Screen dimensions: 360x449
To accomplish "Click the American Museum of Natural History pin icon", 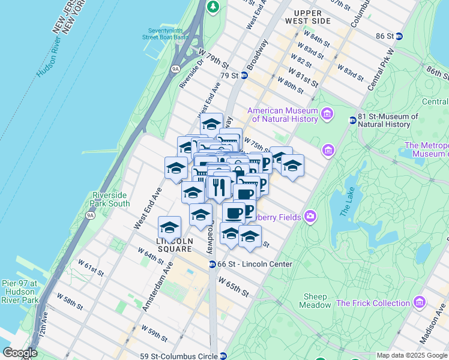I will point(327,113).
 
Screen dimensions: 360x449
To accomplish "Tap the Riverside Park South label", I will point(110,199).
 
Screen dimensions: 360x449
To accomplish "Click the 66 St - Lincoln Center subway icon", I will point(212,264).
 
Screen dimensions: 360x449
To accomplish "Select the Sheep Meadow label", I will point(315,301).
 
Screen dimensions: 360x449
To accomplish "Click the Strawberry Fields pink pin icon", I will point(310,216).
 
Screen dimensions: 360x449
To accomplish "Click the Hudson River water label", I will point(49,57).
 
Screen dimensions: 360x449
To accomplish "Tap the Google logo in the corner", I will point(20,353).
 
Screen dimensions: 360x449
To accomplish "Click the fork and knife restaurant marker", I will point(219,188).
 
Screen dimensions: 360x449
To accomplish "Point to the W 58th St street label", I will point(69,301).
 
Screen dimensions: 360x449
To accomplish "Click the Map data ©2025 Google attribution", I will point(411,355).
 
